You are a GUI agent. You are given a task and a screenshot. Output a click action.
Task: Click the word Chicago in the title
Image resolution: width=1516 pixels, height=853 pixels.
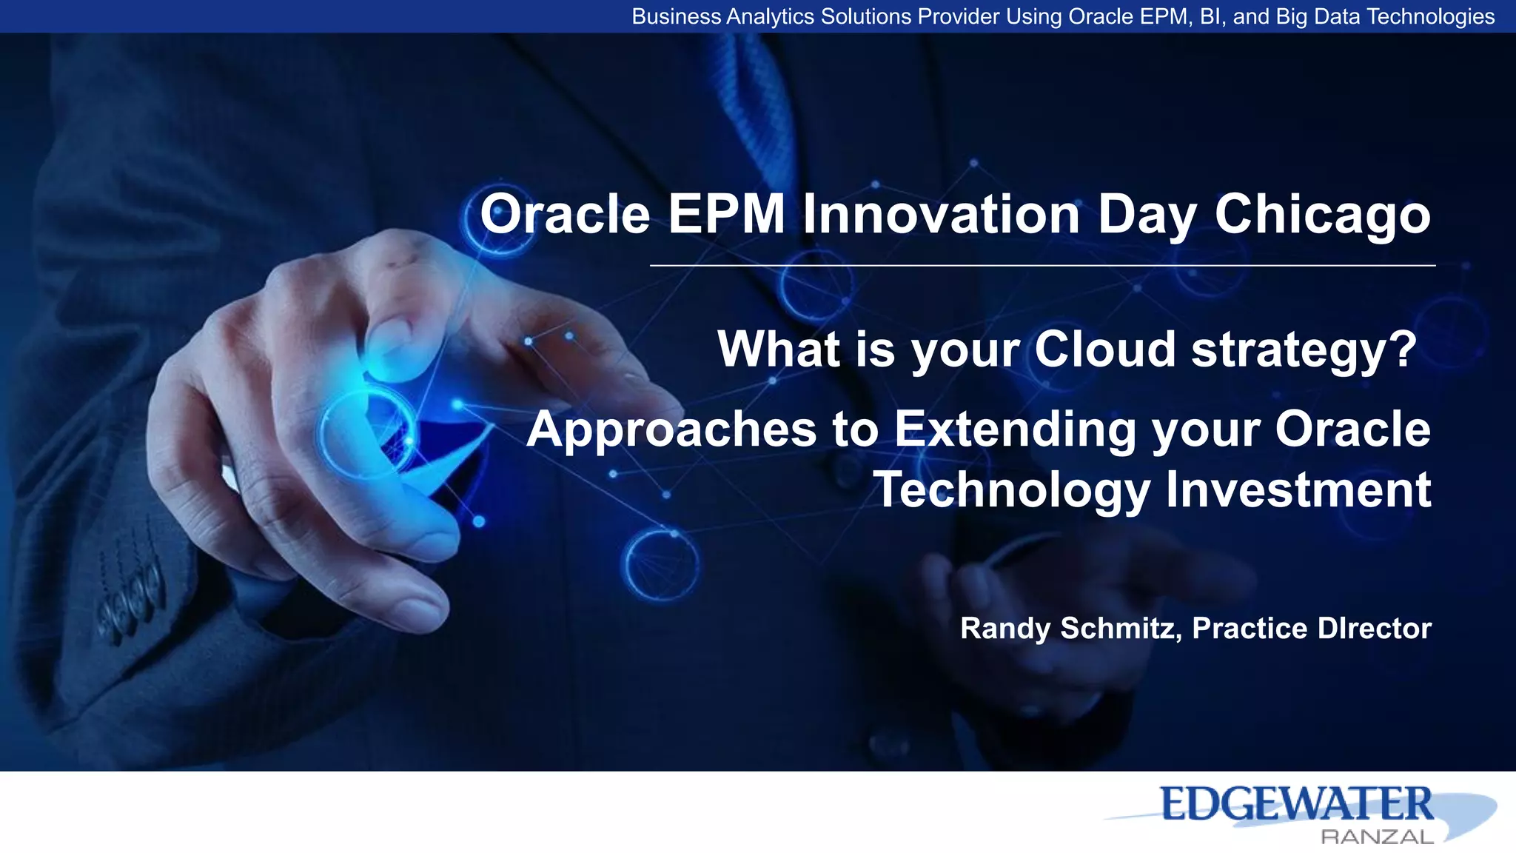[1322, 215]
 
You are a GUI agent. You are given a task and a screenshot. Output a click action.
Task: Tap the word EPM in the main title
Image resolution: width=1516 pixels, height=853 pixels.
[726, 215]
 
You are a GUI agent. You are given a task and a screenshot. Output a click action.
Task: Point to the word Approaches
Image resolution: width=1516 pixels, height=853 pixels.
[671, 431]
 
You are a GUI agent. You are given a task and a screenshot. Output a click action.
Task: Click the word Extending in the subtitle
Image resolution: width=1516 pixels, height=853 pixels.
[1015, 429]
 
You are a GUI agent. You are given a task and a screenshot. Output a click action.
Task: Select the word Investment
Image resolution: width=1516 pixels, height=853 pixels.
[1298, 490]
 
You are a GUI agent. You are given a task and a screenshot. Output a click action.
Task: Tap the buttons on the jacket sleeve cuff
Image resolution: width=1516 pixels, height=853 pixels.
[130, 596]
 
